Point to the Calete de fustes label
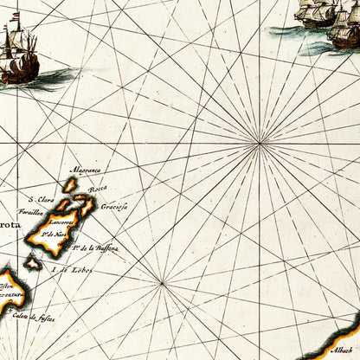pyautogui.click(x=37, y=318)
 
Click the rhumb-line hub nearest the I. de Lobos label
pyautogui.click(x=161, y=283)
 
